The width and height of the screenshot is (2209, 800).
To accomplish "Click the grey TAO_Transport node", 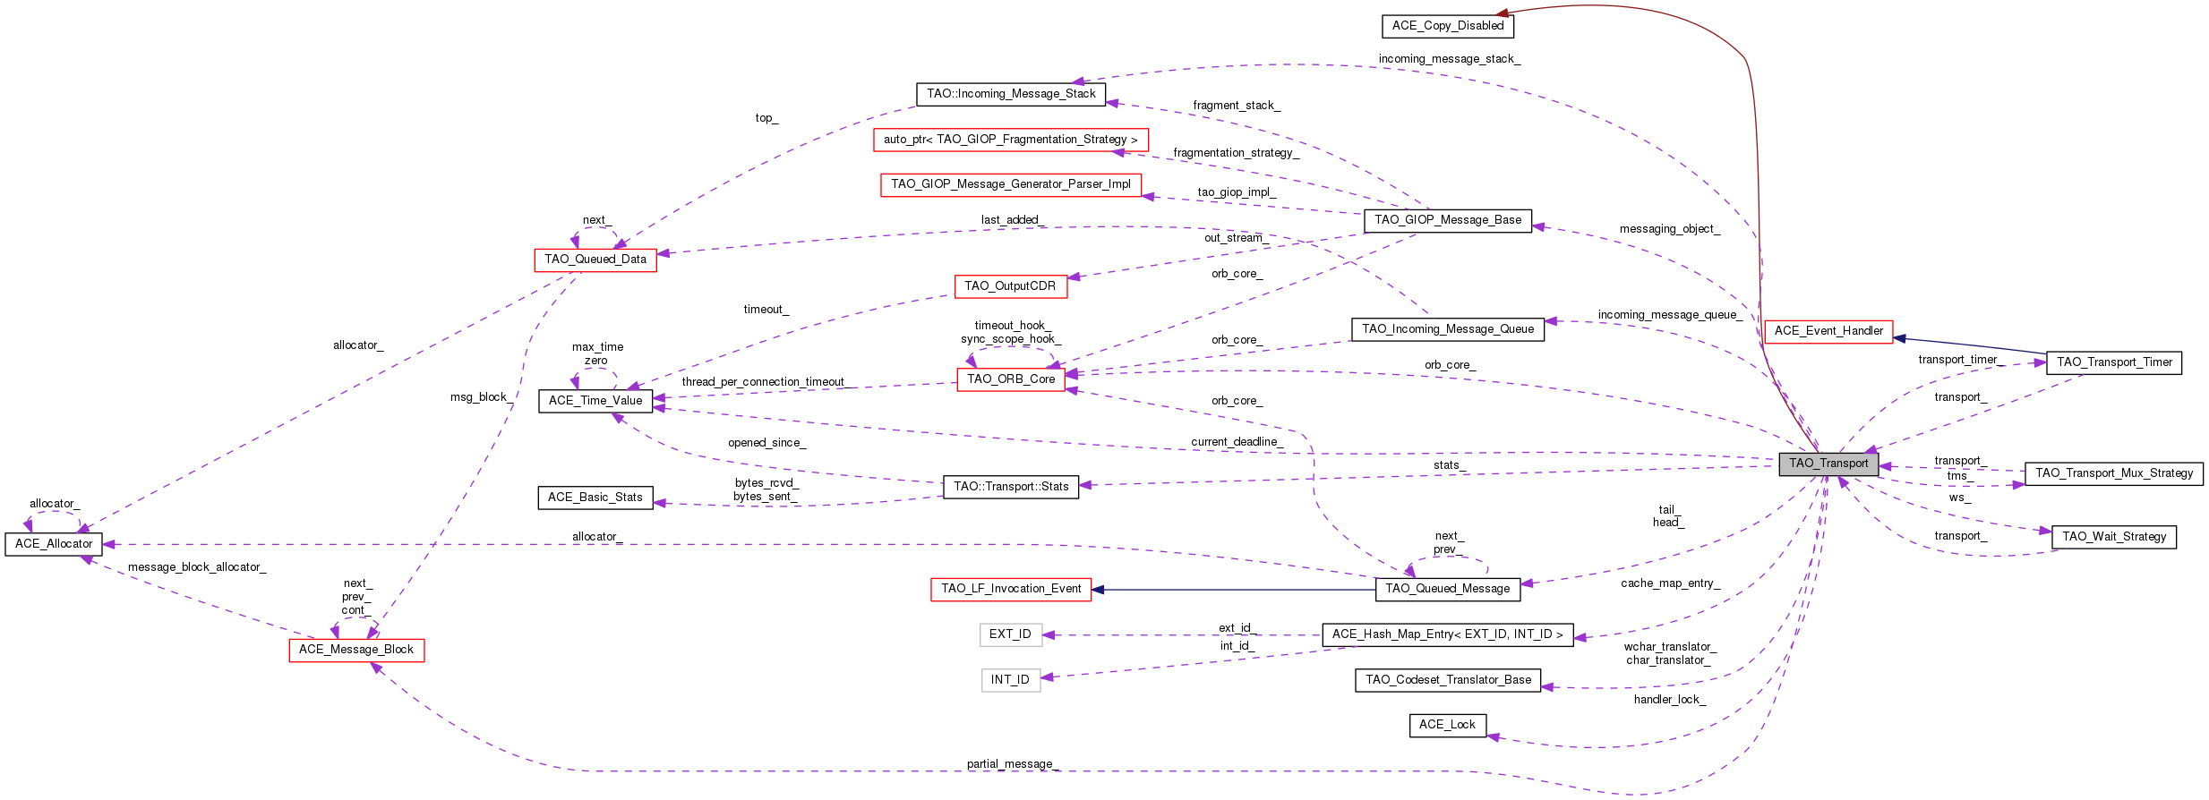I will click(1828, 464).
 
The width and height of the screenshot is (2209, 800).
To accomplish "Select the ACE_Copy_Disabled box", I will click(1447, 26).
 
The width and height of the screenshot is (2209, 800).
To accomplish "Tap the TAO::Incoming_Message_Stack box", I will click(1011, 94).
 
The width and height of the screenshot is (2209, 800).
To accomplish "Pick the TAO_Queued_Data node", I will click(595, 260).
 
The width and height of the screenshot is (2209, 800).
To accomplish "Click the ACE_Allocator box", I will click(54, 544).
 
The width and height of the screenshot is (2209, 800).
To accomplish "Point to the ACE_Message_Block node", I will click(356, 650).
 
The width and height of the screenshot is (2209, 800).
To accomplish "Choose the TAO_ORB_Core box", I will click(1011, 379).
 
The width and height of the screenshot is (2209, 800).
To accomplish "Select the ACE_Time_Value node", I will click(595, 401).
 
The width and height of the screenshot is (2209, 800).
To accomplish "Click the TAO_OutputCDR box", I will click(1010, 286).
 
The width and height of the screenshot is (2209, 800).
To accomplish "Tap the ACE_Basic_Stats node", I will click(595, 498).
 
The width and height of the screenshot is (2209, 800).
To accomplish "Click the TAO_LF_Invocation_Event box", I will click(1010, 589).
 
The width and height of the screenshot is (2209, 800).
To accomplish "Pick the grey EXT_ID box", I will click(1010, 634).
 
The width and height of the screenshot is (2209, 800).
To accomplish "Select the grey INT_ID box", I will click(1010, 680).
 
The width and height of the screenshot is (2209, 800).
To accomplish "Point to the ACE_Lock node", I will click(1447, 725).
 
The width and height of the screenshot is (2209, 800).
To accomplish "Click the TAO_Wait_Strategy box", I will click(2113, 537).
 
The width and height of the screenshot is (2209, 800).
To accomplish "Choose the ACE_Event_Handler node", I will click(1828, 331).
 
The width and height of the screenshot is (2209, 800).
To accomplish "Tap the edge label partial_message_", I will click(1013, 764).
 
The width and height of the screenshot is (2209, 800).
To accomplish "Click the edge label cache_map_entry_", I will click(1670, 583).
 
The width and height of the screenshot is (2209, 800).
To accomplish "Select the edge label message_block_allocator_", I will click(197, 567).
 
